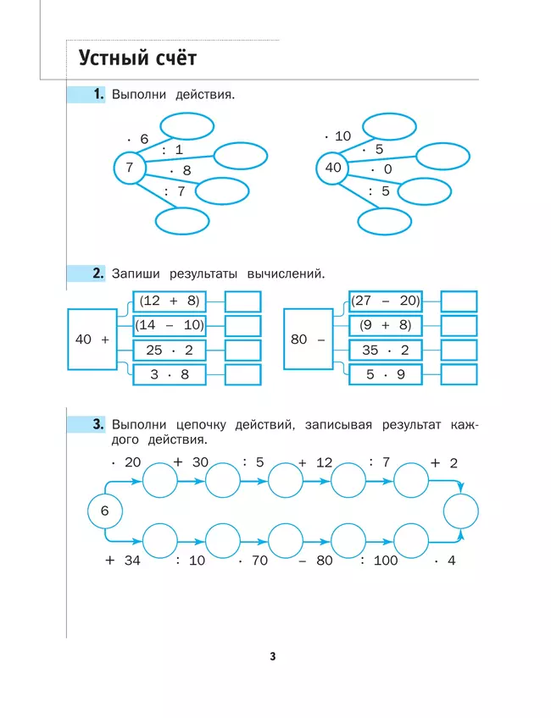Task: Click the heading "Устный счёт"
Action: point(137,58)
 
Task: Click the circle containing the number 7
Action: point(130,168)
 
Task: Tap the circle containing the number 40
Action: point(332,168)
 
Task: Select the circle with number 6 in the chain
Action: point(105,511)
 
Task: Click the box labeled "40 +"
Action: point(92,339)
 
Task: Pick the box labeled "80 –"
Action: point(308,339)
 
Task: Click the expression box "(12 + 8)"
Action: point(169,301)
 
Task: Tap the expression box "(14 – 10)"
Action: point(169,325)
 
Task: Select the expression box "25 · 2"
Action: point(169,350)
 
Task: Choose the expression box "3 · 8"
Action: point(169,374)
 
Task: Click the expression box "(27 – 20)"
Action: point(385,301)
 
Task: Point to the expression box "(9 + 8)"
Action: point(385,325)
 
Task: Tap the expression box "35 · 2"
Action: point(385,350)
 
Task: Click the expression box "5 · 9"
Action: point(385,374)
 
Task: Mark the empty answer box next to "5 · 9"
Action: point(459,374)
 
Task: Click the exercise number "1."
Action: point(98,95)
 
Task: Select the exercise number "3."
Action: point(98,423)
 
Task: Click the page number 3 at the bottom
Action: point(273,656)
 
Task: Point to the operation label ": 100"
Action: point(379,561)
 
